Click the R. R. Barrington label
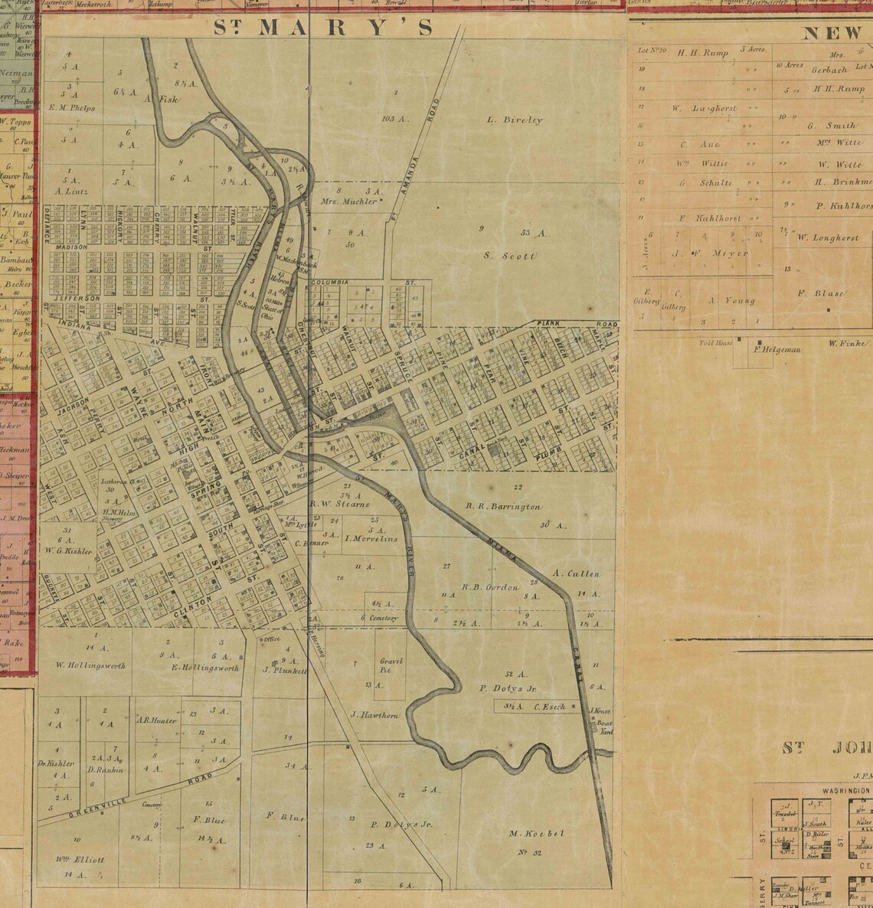click(503, 507)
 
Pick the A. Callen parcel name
click(575, 573)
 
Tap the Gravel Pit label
click(391, 665)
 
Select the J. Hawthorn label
click(374, 715)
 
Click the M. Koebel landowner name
click(535, 833)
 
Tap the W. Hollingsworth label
click(90, 665)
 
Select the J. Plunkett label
click(285, 670)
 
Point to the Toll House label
click(716, 342)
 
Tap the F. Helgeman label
click(777, 350)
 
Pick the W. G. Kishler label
click(69, 550)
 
